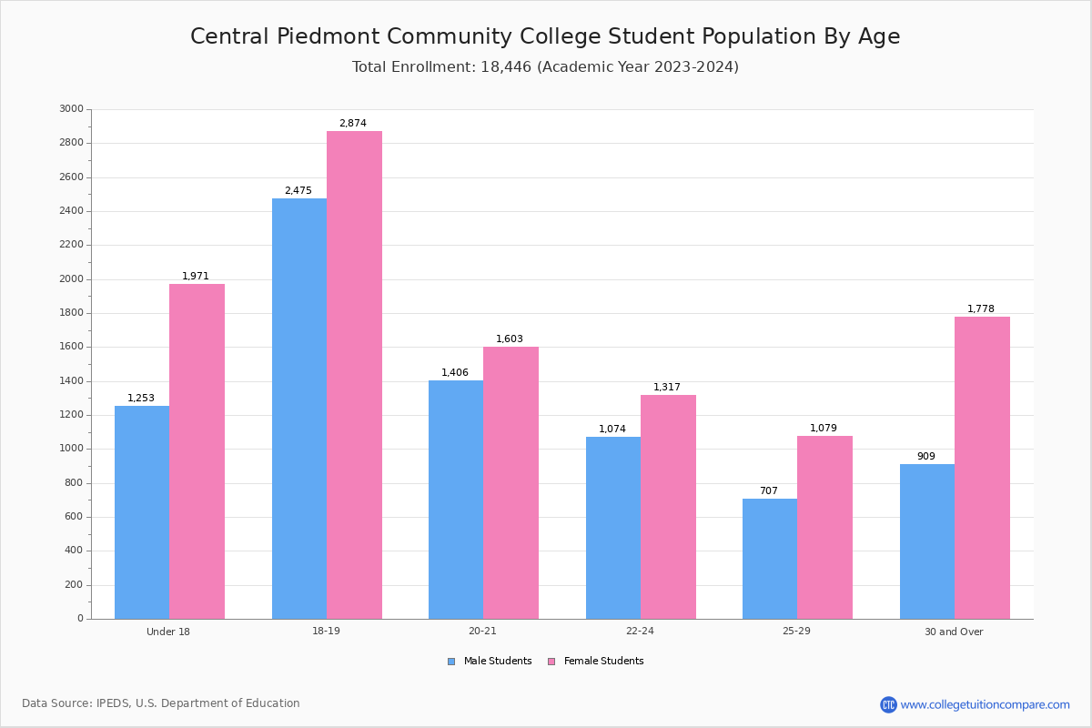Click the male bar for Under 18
coord(142,512)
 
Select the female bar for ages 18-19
coord(354,375)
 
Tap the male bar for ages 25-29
coord(770,559)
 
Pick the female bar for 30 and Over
coord(982,468)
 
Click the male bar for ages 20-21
coord(456,500)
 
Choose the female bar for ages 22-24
coord(668,507)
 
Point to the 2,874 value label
coord(353,124)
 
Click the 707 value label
coord(769,491)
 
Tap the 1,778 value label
coord(981,309)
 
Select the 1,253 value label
coord(141,399)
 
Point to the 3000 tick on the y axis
coord(71,109)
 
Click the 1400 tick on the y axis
coord(71,381)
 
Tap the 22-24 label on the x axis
coord(640,632)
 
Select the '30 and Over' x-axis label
coord(954,632)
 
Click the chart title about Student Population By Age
coord(545,37)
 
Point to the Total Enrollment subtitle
coord(545,67)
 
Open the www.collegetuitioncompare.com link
coord(985,704)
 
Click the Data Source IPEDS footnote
coord(161,703)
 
